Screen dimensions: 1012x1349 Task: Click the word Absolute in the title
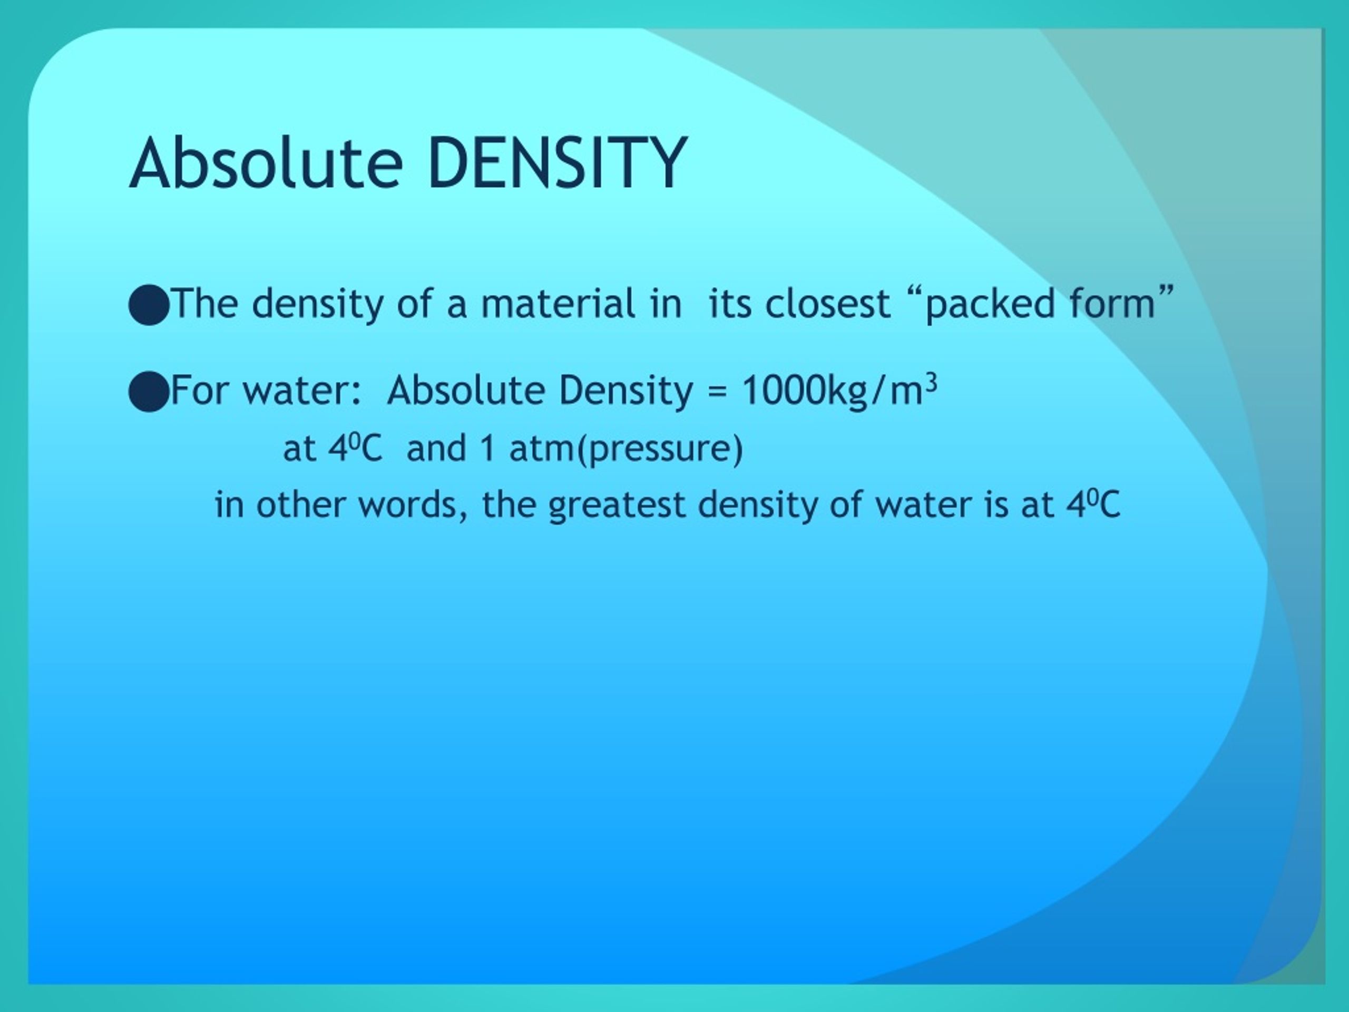point(266,163)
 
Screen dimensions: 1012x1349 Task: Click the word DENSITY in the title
point(558,163)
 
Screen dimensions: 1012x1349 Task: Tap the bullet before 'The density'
point(148,305)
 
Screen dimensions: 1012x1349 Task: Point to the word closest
point(827,304)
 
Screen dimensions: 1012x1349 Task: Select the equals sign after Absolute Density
point(718,392)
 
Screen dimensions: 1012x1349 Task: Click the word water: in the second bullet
point(296,391)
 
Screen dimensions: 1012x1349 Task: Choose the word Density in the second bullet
point(625,391)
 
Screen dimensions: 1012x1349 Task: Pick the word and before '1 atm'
point(436,449)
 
